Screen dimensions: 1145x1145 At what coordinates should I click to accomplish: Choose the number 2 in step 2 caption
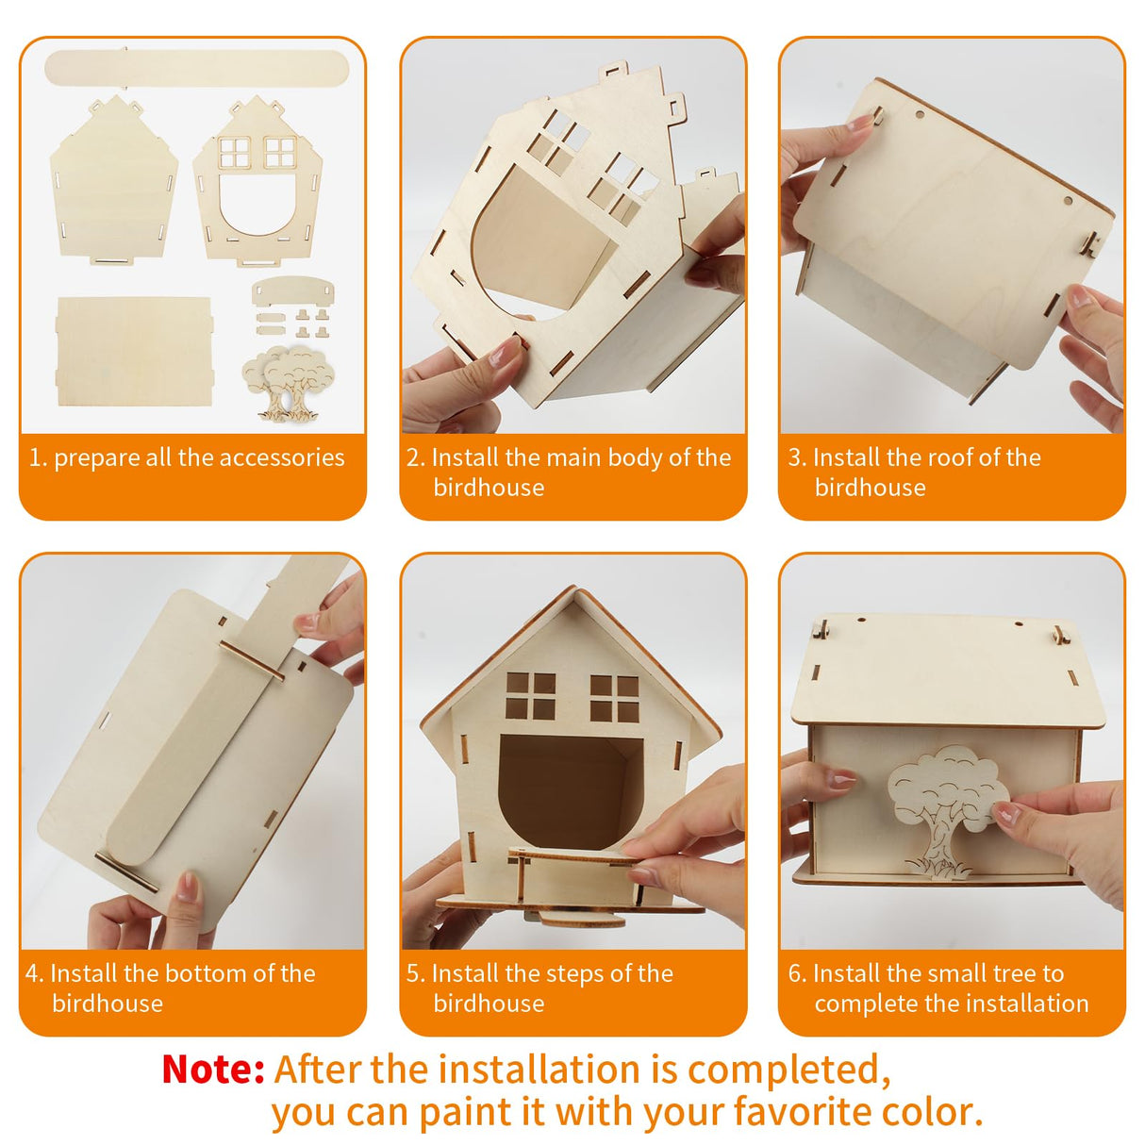coord(413,458)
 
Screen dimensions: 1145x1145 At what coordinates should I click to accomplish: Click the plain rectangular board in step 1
coord(133,350)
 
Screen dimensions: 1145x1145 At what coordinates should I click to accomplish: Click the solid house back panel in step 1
coord(113,179)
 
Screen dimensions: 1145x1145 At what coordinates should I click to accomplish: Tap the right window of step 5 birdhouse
coord(614,697)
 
